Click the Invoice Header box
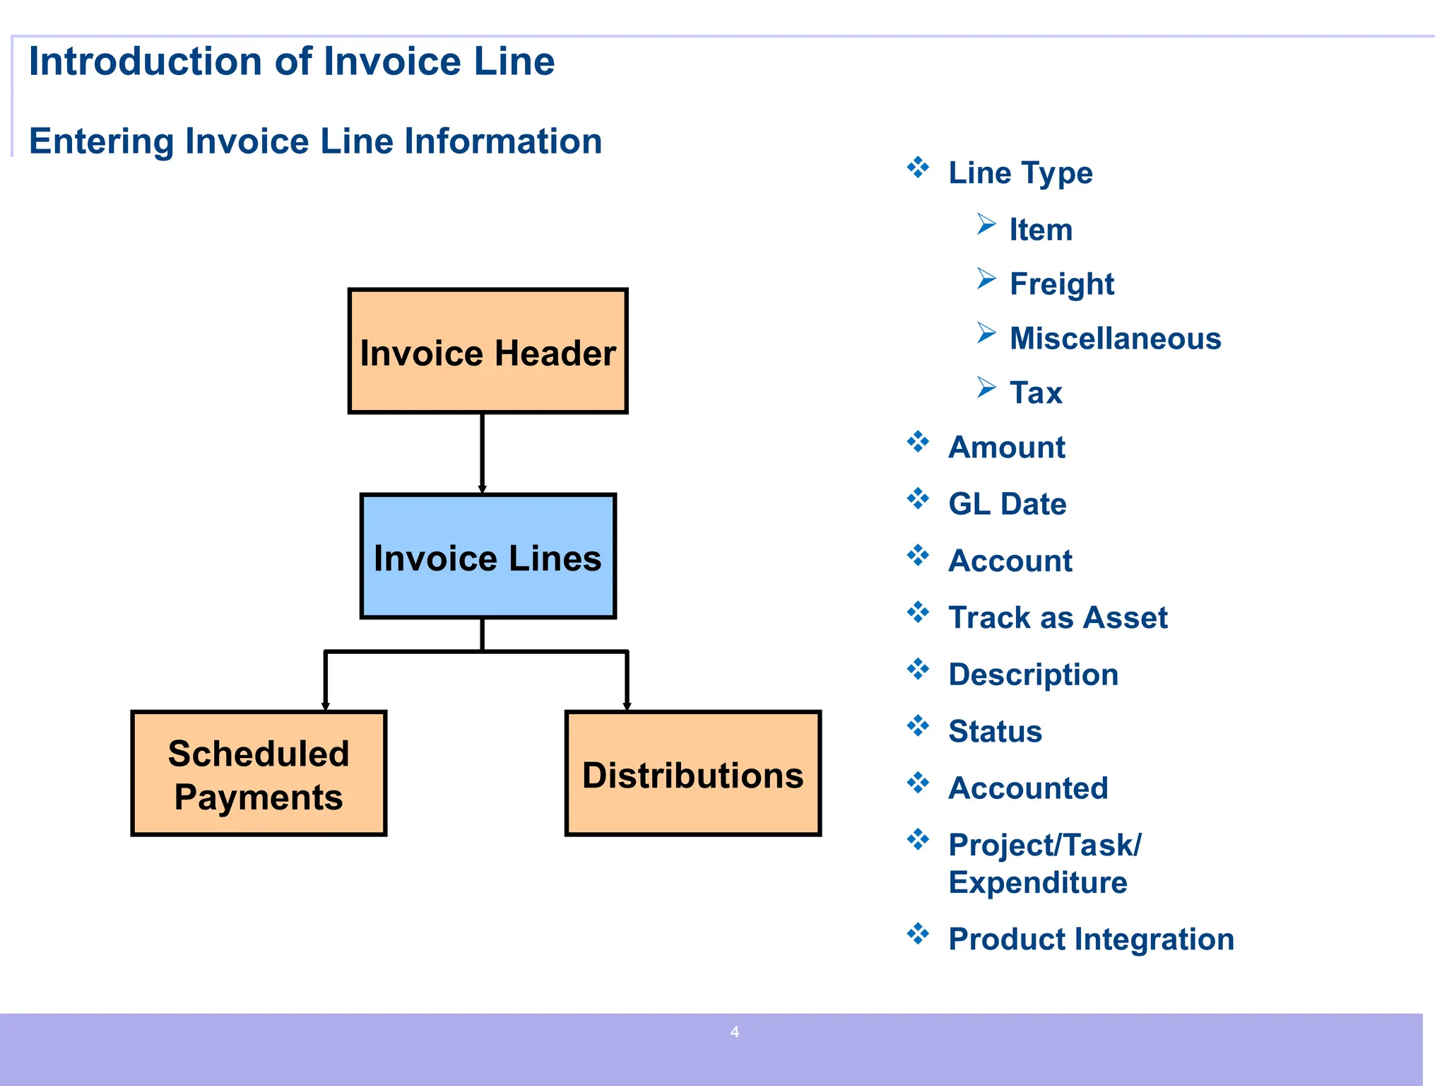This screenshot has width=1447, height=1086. [488, 351]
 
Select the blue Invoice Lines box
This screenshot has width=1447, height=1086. [488, 556]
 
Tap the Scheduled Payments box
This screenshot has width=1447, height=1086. [259, 774]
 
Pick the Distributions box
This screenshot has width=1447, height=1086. [692, 774]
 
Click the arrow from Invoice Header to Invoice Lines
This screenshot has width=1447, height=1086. [483, 452]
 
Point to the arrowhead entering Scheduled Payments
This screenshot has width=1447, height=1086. [326, 705]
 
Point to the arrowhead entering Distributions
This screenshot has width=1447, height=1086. [627, 705]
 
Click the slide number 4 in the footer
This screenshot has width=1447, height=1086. [735, 1032]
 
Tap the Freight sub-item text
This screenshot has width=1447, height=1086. [1061, 284]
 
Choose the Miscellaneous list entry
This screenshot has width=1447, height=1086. [1115, 339]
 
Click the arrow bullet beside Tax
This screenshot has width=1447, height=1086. [986, 387]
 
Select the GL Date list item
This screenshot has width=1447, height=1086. [1007, 504]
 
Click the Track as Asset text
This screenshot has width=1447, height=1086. [1058, 618]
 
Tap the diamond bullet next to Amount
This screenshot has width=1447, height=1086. [918, 443]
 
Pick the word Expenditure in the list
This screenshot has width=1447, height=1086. [1038, 883]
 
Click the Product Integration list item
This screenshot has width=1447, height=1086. [1091, 940]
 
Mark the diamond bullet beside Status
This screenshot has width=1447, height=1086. [918, 726]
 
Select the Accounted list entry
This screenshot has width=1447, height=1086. [1028, 788]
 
